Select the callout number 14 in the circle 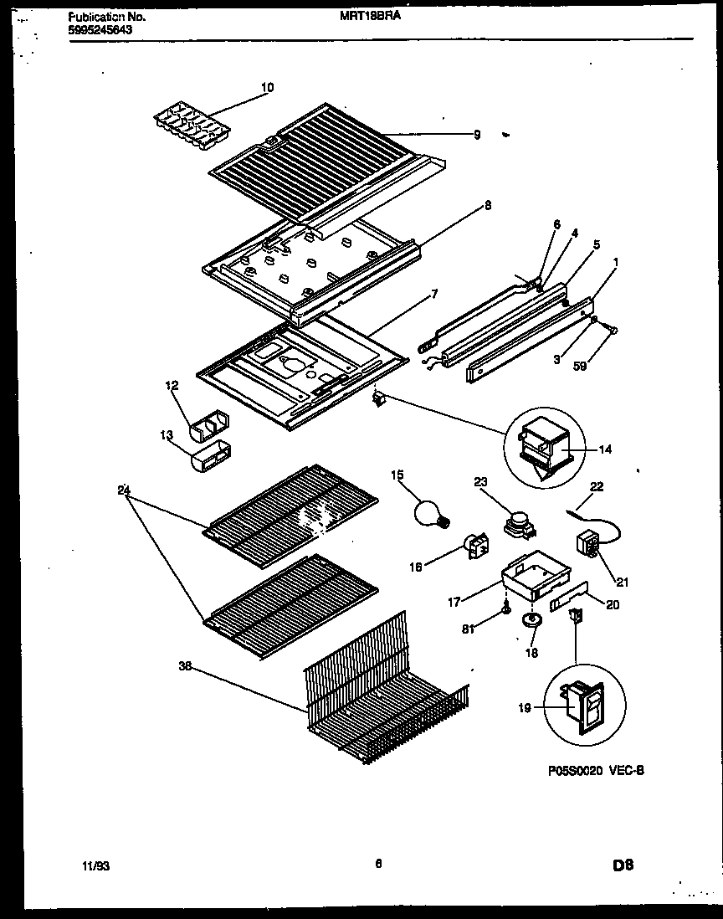pos(605,449)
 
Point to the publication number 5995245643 pos(98,29)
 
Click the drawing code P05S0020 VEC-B pos(590,772)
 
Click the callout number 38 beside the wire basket pos(185,667)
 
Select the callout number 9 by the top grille pos(476,134)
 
